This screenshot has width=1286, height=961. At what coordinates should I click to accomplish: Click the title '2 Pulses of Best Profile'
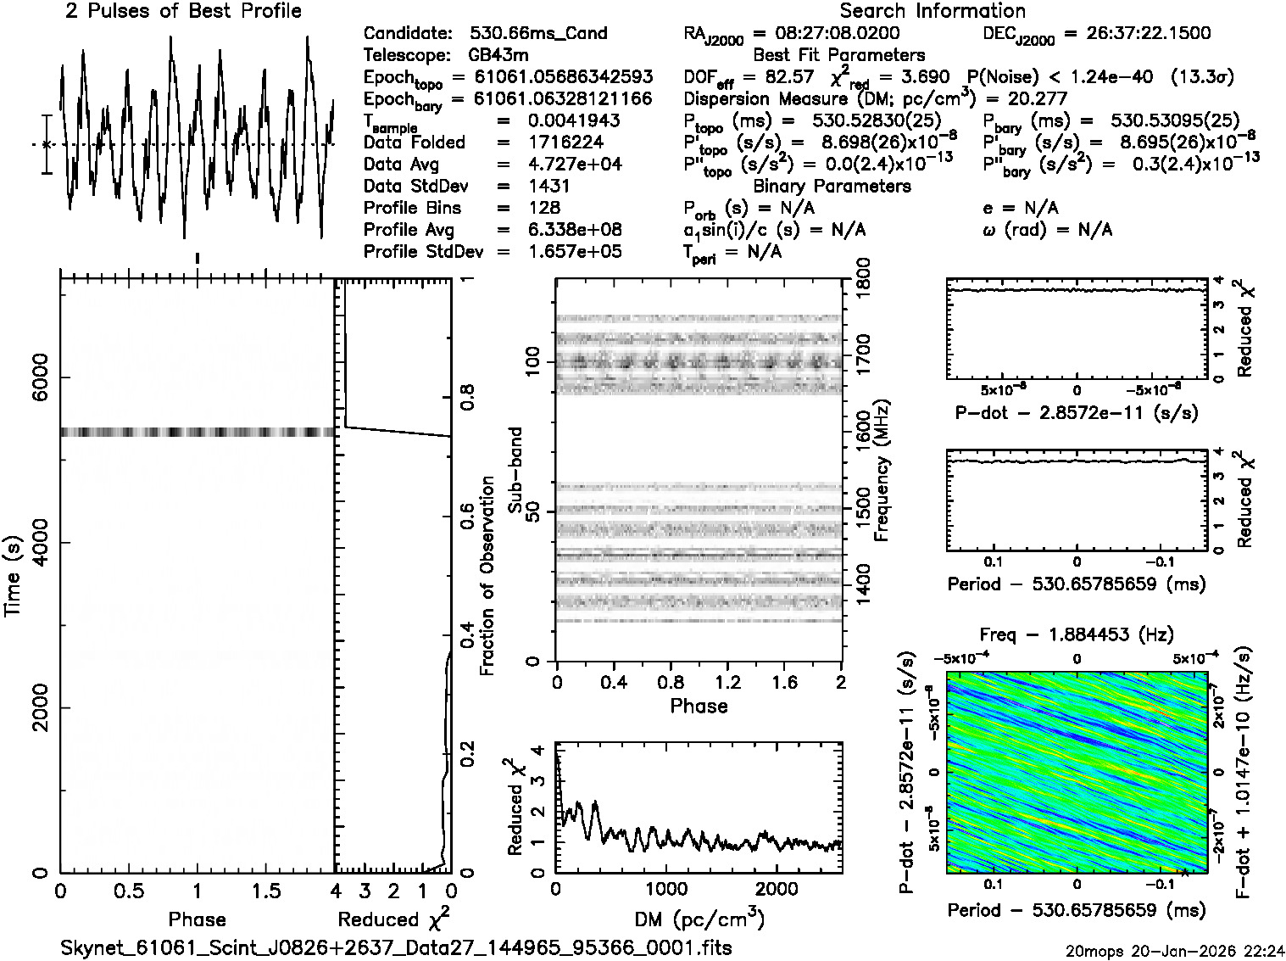pyautogui.click(x=183, y=11)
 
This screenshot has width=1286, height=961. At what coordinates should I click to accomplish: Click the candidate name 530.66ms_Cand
pyautogui.click(x=537, y=34)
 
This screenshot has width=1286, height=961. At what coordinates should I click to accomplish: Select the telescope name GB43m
pyautogui.click(x=501, y=56)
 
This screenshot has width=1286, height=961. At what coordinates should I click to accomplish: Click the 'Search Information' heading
pyautogui.click(x=932, y=11)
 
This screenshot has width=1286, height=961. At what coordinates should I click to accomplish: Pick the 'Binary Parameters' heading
pyautogui.click(x=832, y=186)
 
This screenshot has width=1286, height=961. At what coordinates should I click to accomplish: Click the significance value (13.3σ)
pyautogui.click(x=1202, y=77)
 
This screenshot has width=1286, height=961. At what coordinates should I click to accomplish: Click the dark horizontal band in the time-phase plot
pyautogui.click(x=197, y=433)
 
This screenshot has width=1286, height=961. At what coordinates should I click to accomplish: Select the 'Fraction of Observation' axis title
pyautogui.click(x=487, y=576)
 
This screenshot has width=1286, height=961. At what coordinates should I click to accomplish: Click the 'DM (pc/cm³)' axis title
pyautogui.click(x=699, y=919)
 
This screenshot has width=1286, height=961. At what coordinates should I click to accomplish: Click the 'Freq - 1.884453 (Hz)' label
pyautogui.click(x=1077, y=634)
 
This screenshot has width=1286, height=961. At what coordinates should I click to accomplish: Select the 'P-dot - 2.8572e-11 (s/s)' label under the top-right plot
pyautogui.click(x=1077, y=413)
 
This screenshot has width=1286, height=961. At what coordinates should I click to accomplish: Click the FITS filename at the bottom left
pyautogui.click(x=397, y=947)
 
